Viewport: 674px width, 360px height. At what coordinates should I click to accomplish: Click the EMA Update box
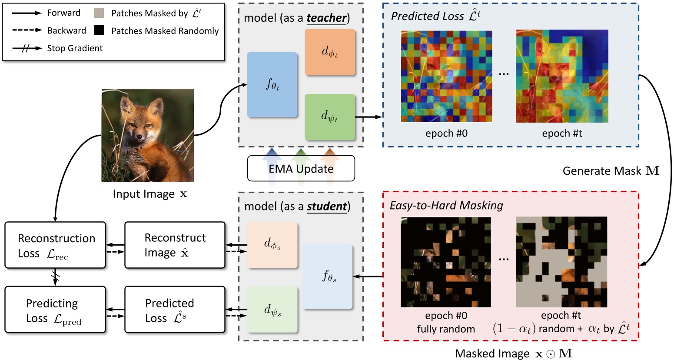301,168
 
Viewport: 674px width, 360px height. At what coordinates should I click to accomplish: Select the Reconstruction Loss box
55,245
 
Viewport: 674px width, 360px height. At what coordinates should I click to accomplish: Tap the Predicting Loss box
55,310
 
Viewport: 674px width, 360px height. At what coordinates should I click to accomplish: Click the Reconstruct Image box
175,245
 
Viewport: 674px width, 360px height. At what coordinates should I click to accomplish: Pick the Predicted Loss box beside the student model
175,310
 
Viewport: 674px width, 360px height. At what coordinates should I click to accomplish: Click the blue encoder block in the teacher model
272,85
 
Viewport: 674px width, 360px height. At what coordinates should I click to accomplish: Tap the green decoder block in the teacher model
330,117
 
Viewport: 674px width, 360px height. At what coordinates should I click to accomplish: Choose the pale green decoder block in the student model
272,310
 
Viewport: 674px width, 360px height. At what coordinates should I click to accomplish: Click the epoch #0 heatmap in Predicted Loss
446,77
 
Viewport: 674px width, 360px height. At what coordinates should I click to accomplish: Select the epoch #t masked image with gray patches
561,262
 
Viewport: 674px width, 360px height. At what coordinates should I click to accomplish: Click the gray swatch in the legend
99,13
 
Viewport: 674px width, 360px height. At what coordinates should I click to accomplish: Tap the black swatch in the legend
99,30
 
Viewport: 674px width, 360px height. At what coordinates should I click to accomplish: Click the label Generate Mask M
611,171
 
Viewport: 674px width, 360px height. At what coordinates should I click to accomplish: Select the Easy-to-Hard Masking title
446,205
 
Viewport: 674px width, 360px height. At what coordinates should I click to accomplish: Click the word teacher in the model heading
326,18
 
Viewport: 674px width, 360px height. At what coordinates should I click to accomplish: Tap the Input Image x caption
150,194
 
